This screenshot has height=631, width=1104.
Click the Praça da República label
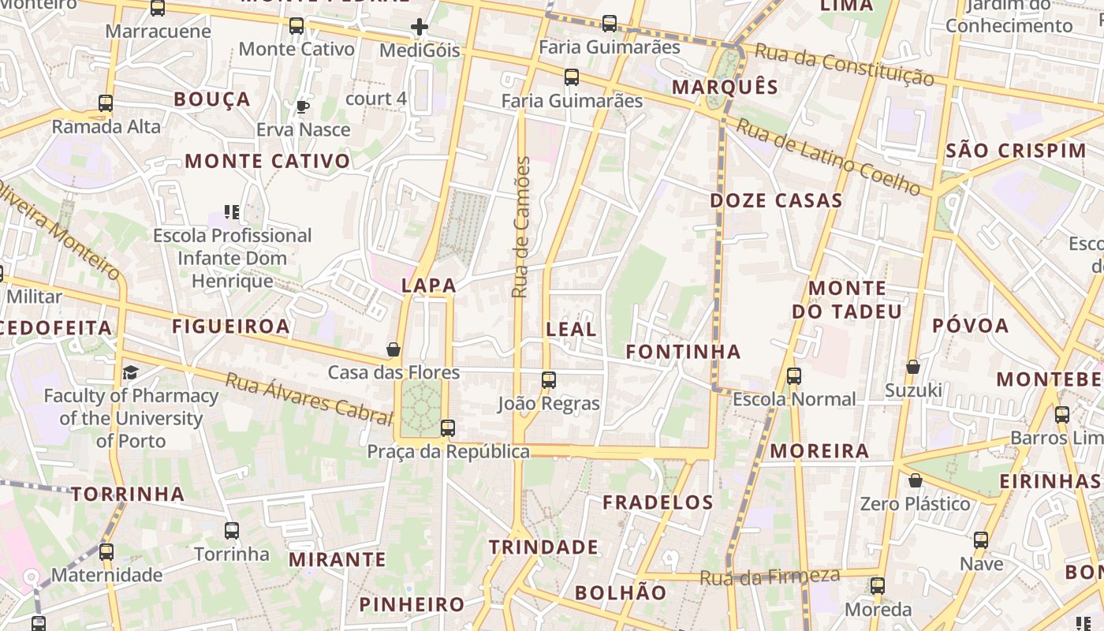(x=448, y=452)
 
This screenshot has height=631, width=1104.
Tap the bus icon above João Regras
(x=549, y=380)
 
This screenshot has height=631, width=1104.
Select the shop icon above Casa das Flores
(x=393, y=349)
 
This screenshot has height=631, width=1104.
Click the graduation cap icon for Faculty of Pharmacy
(x=130, y=372)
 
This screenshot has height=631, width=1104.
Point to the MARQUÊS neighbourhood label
(x=725, y=87)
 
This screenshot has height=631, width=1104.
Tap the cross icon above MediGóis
(x=419, y=28)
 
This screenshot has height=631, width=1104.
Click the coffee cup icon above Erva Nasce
(x=303, y=106)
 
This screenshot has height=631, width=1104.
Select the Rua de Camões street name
(x=520, y=227)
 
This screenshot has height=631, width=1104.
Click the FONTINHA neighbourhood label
(x=683, y=352)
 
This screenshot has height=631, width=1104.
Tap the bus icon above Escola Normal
(x=794, y=376)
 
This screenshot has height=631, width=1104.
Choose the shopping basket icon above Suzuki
(x=913, y=367)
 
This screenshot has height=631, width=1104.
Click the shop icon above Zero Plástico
(x=916, y=480)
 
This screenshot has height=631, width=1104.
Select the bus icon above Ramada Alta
(x=106, y=103)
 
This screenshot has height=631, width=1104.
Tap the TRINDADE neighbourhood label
(x=543, y=547)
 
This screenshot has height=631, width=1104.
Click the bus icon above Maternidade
(x=106, y=552)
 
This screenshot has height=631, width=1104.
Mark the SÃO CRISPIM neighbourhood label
(x=1016, y=151)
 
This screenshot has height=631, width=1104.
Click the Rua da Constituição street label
(x=845, y=64)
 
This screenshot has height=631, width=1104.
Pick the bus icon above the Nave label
(x=981, y=540)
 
